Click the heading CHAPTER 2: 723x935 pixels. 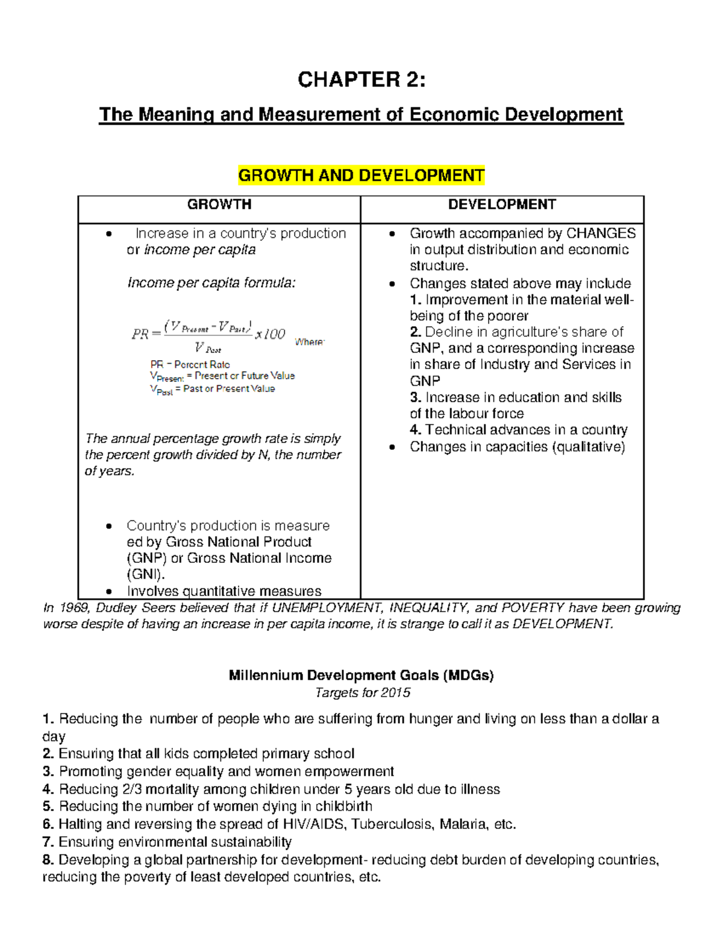click(x=361, y=79)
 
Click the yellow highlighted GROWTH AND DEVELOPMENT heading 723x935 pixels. click(x=361, y=176)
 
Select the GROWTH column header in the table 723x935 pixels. click(x=219, y=205)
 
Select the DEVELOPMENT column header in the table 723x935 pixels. click(x=502, y=205)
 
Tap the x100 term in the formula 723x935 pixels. click(x=270, y=334)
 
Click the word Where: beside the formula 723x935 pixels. click(x=310, y=342)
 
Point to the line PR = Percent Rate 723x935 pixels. click(x=190, y=364)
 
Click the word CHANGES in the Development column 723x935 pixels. click(x=601, y=234)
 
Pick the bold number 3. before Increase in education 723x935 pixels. click(x=415, y=397)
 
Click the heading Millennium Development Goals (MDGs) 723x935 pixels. click(x=361, y=676)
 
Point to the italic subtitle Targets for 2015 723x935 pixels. click(x=363, y=693)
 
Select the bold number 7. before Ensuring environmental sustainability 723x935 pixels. click(x=48, y=842)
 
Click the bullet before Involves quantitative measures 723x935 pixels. click(x=108, y=592)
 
